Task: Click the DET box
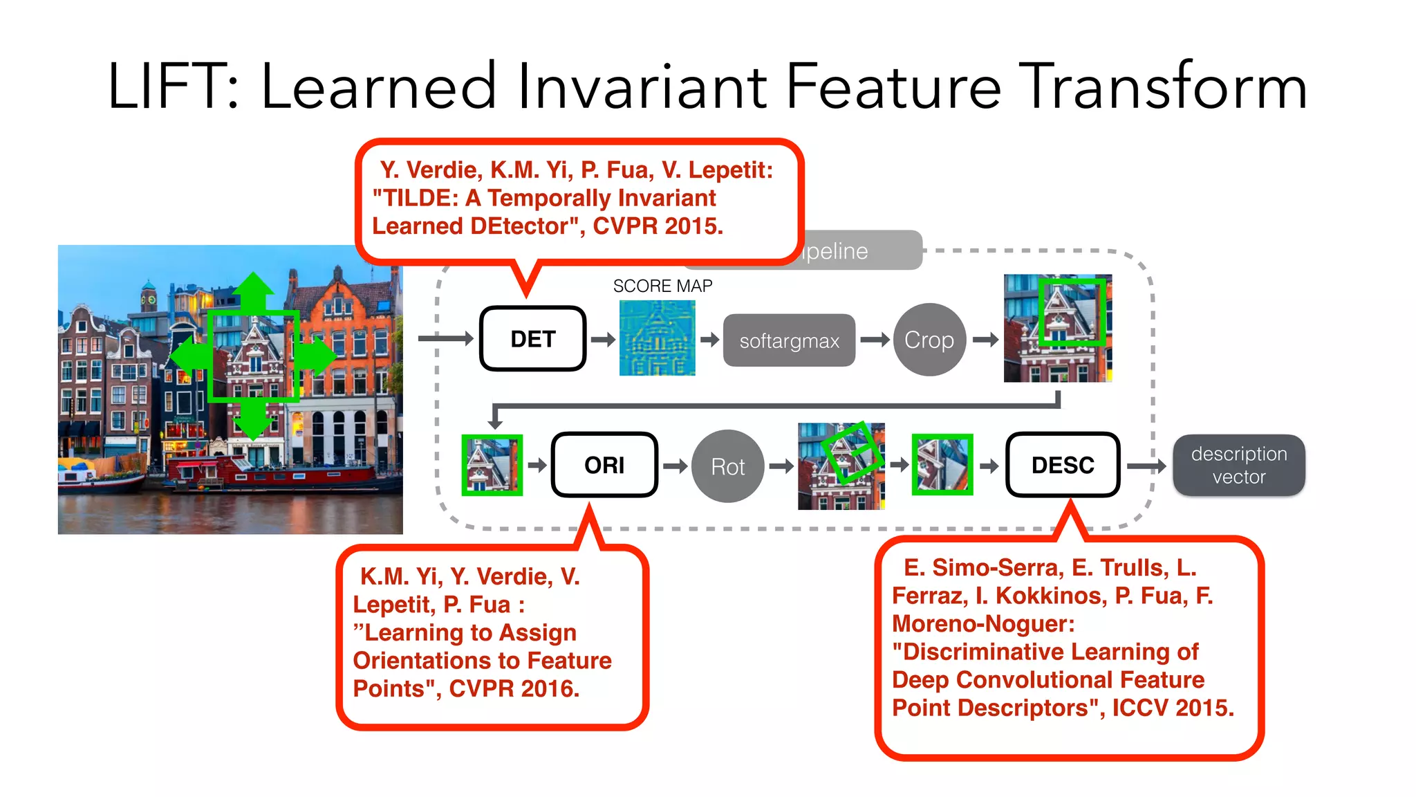point(532,339)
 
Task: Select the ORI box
point(604,465)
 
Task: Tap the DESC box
point(1062,465)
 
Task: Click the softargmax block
point(789,340)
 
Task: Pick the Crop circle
point(929,340)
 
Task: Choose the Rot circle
point(727,466)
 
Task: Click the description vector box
point(1238,465)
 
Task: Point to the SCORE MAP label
point(662,286)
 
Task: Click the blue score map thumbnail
point(657,338)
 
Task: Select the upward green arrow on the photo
point(253,291)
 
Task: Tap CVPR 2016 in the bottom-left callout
point(514,688)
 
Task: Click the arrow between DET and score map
point(602,339)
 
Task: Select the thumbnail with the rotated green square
point(841,466)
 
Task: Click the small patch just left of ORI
point(492,465)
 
